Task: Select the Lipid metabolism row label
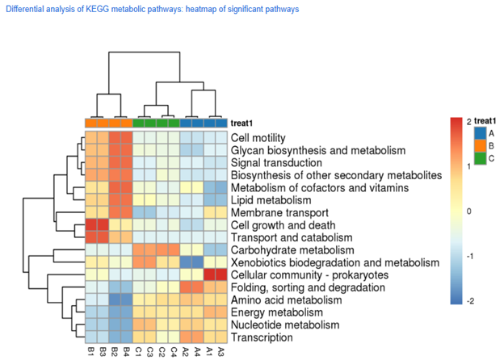(271, 200)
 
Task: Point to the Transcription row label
(261, 337)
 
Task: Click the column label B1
(91, 352)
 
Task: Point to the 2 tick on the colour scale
(468, 120)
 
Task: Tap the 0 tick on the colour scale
(468, 210)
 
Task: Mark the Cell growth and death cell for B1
(91, 225)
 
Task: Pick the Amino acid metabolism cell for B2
(115, 300)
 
